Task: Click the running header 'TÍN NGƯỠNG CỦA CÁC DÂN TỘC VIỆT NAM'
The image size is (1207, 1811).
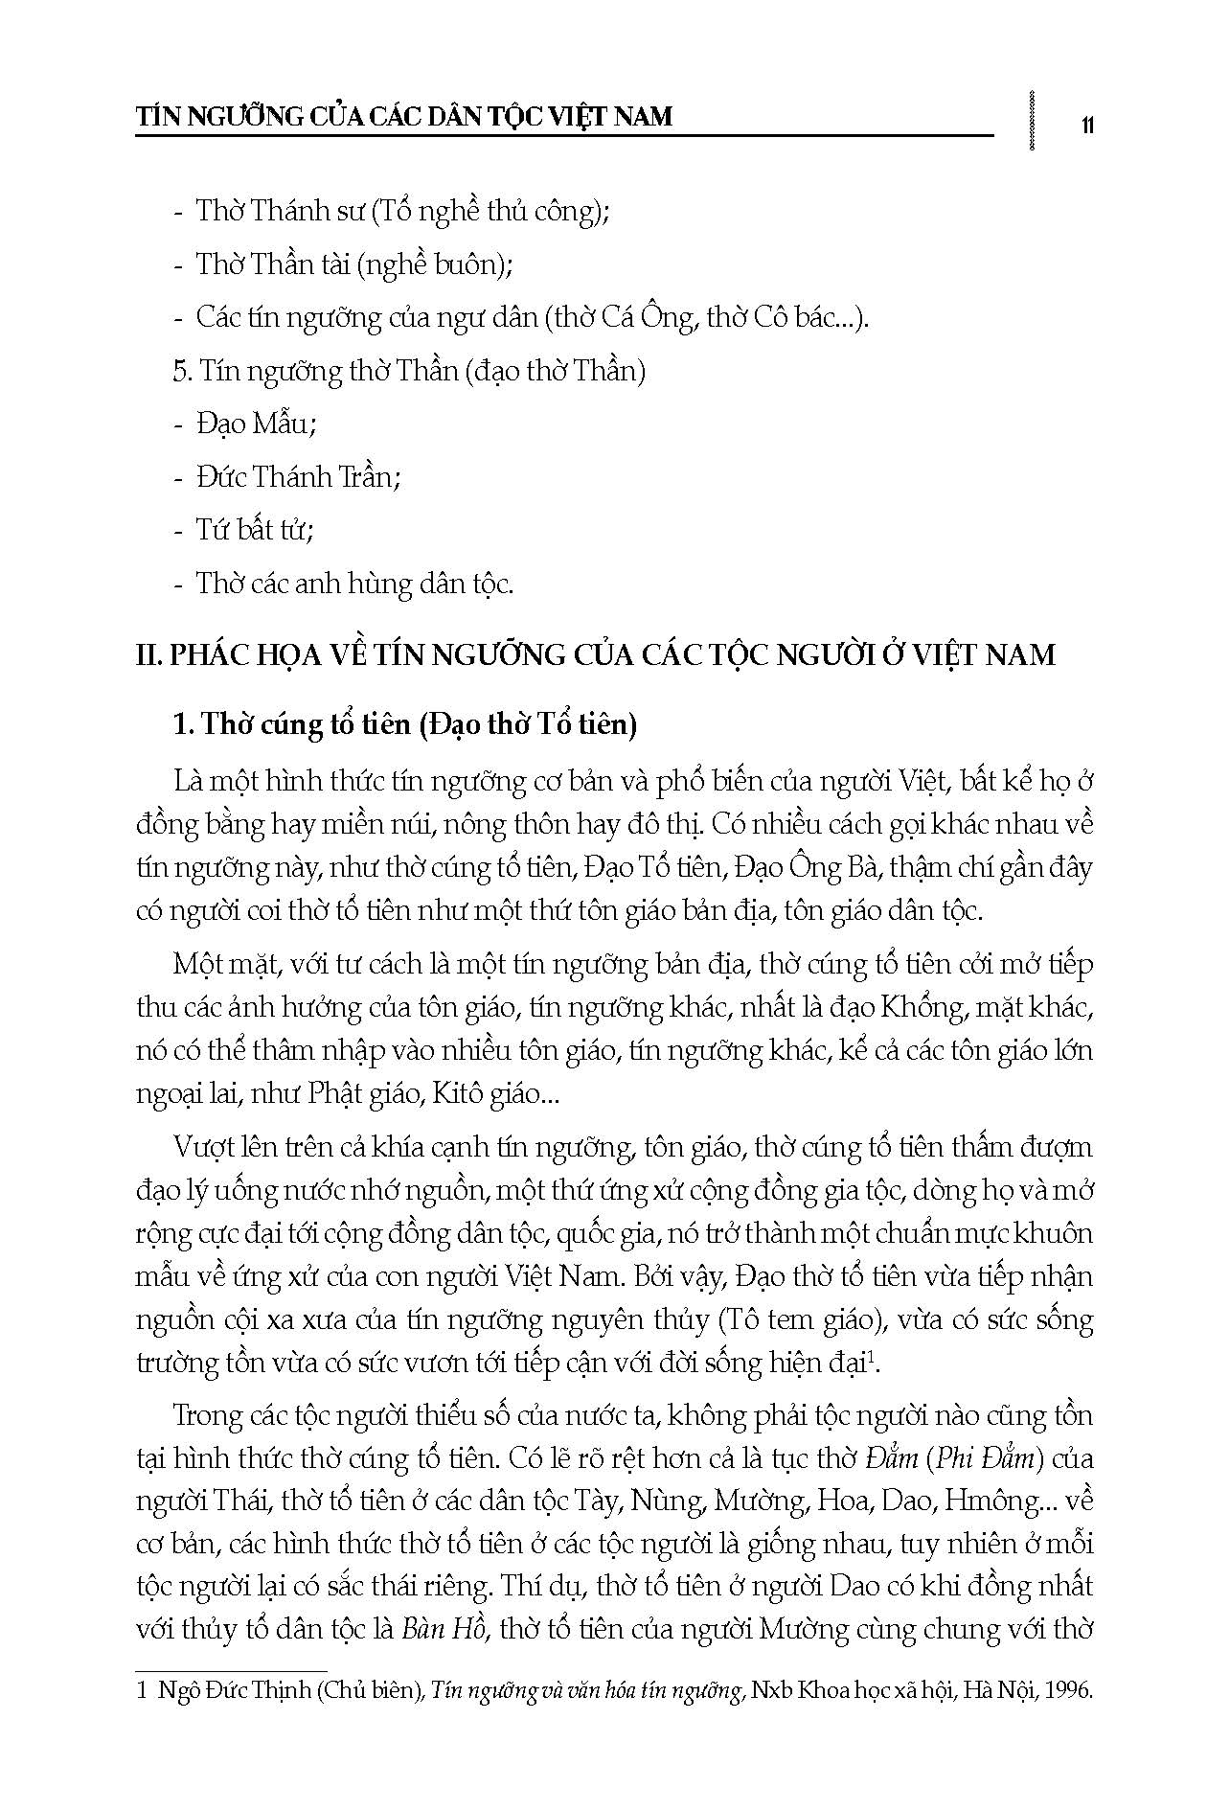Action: tap(404, 117)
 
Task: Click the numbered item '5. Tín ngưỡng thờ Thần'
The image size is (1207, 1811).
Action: tap(409, 371)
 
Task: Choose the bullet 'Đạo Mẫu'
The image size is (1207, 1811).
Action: tap(256, 424)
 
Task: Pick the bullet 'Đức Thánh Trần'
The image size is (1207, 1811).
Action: tap(299, 476)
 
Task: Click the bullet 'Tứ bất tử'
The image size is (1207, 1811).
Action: tap(255, 529)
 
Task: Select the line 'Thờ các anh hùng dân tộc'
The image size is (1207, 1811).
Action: tap(354, 583)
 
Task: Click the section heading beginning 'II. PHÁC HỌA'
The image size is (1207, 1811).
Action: tap(596, 655)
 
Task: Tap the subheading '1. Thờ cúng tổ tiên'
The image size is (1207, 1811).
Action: tap(405, 724)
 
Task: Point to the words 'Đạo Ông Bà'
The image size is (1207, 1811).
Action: tap(809, 867)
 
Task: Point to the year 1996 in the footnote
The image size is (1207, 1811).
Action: tap(1071, 1691)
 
